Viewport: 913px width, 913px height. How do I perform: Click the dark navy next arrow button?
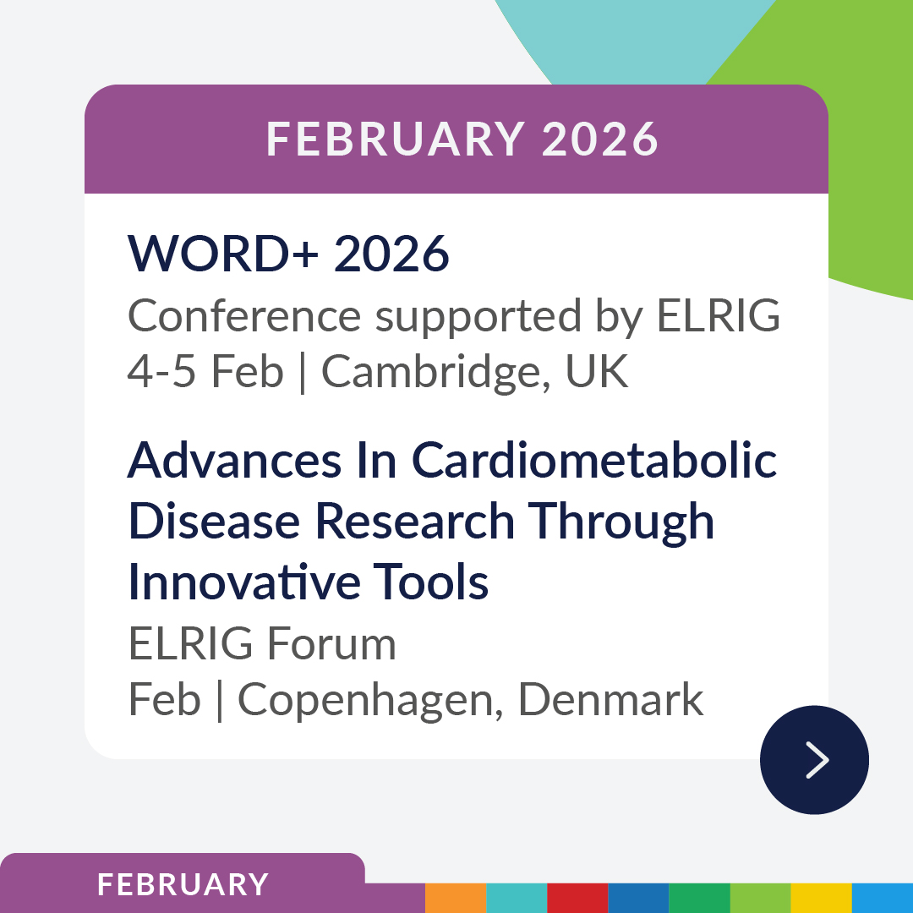(814, 760)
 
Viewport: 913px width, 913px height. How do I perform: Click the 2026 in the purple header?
(600, 139)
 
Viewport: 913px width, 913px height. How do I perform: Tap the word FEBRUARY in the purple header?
(396, 139)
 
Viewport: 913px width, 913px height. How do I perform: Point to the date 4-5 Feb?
(205, 371)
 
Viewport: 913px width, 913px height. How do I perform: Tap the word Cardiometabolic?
(594, 460)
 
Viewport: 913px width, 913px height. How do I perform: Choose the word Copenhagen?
(370, 701)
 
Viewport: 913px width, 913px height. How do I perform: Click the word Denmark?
(611, 699)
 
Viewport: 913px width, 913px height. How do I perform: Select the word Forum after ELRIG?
(332, 644)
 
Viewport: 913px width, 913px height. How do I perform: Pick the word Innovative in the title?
(244, 581)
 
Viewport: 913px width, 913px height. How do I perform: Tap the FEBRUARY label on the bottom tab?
(183, 884)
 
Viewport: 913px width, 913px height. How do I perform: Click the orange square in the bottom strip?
(456, 898)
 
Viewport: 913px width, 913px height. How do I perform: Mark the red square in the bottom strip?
(577, 898)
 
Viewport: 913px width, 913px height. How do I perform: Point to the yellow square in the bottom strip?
(821, 898)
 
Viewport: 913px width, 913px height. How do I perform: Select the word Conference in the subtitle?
(244, 315)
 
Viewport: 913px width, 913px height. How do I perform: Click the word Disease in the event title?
(214, 521)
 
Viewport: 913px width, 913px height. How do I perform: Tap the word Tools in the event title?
(431, 581)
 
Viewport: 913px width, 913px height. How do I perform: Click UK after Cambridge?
(597, 371)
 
